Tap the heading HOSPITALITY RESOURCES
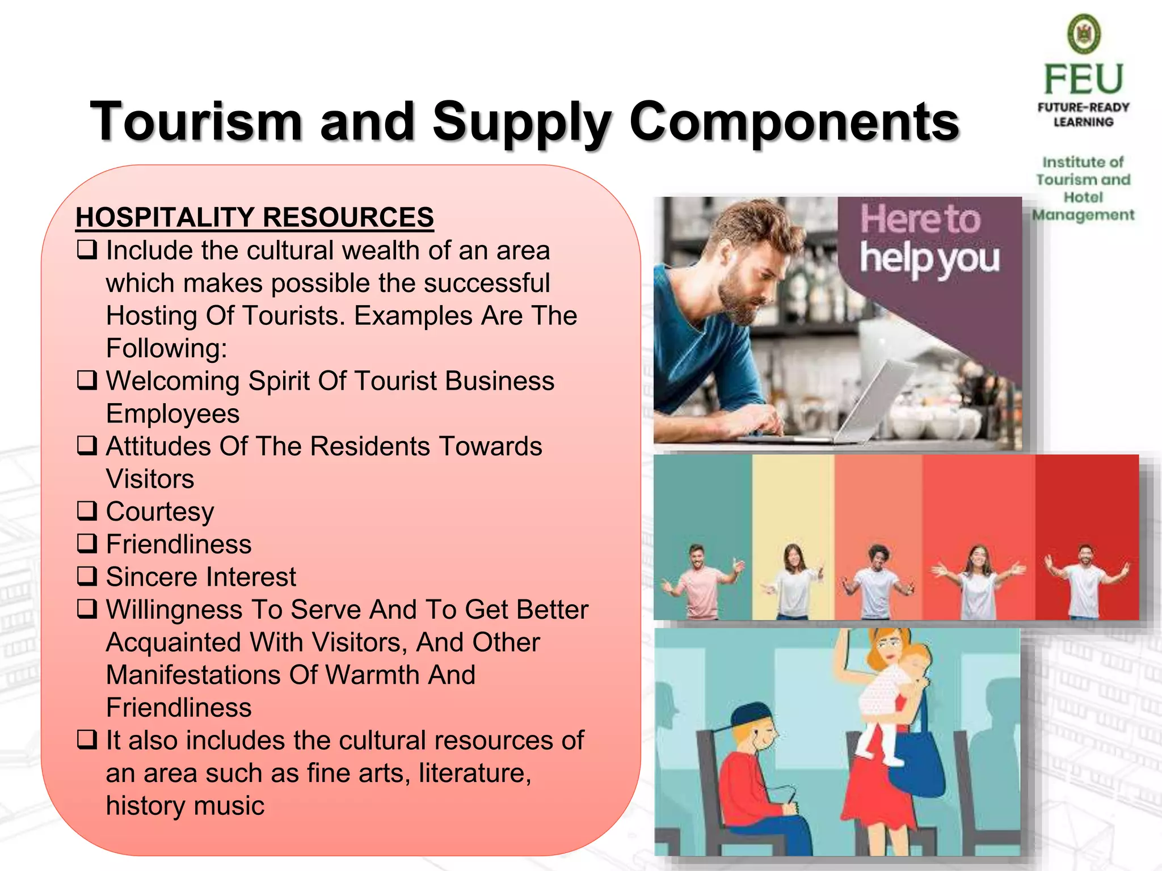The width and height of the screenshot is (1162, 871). (255, 217)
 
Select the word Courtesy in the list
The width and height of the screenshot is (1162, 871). (160, 511)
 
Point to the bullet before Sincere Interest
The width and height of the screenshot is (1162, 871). (87, 576)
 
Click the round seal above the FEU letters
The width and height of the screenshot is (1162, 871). (1084, 33)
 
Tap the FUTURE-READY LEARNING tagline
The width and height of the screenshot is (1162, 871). (1083, 115)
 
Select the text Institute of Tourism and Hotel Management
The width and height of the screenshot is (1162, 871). (1083, 188)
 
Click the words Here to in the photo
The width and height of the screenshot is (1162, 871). (920, 220)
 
